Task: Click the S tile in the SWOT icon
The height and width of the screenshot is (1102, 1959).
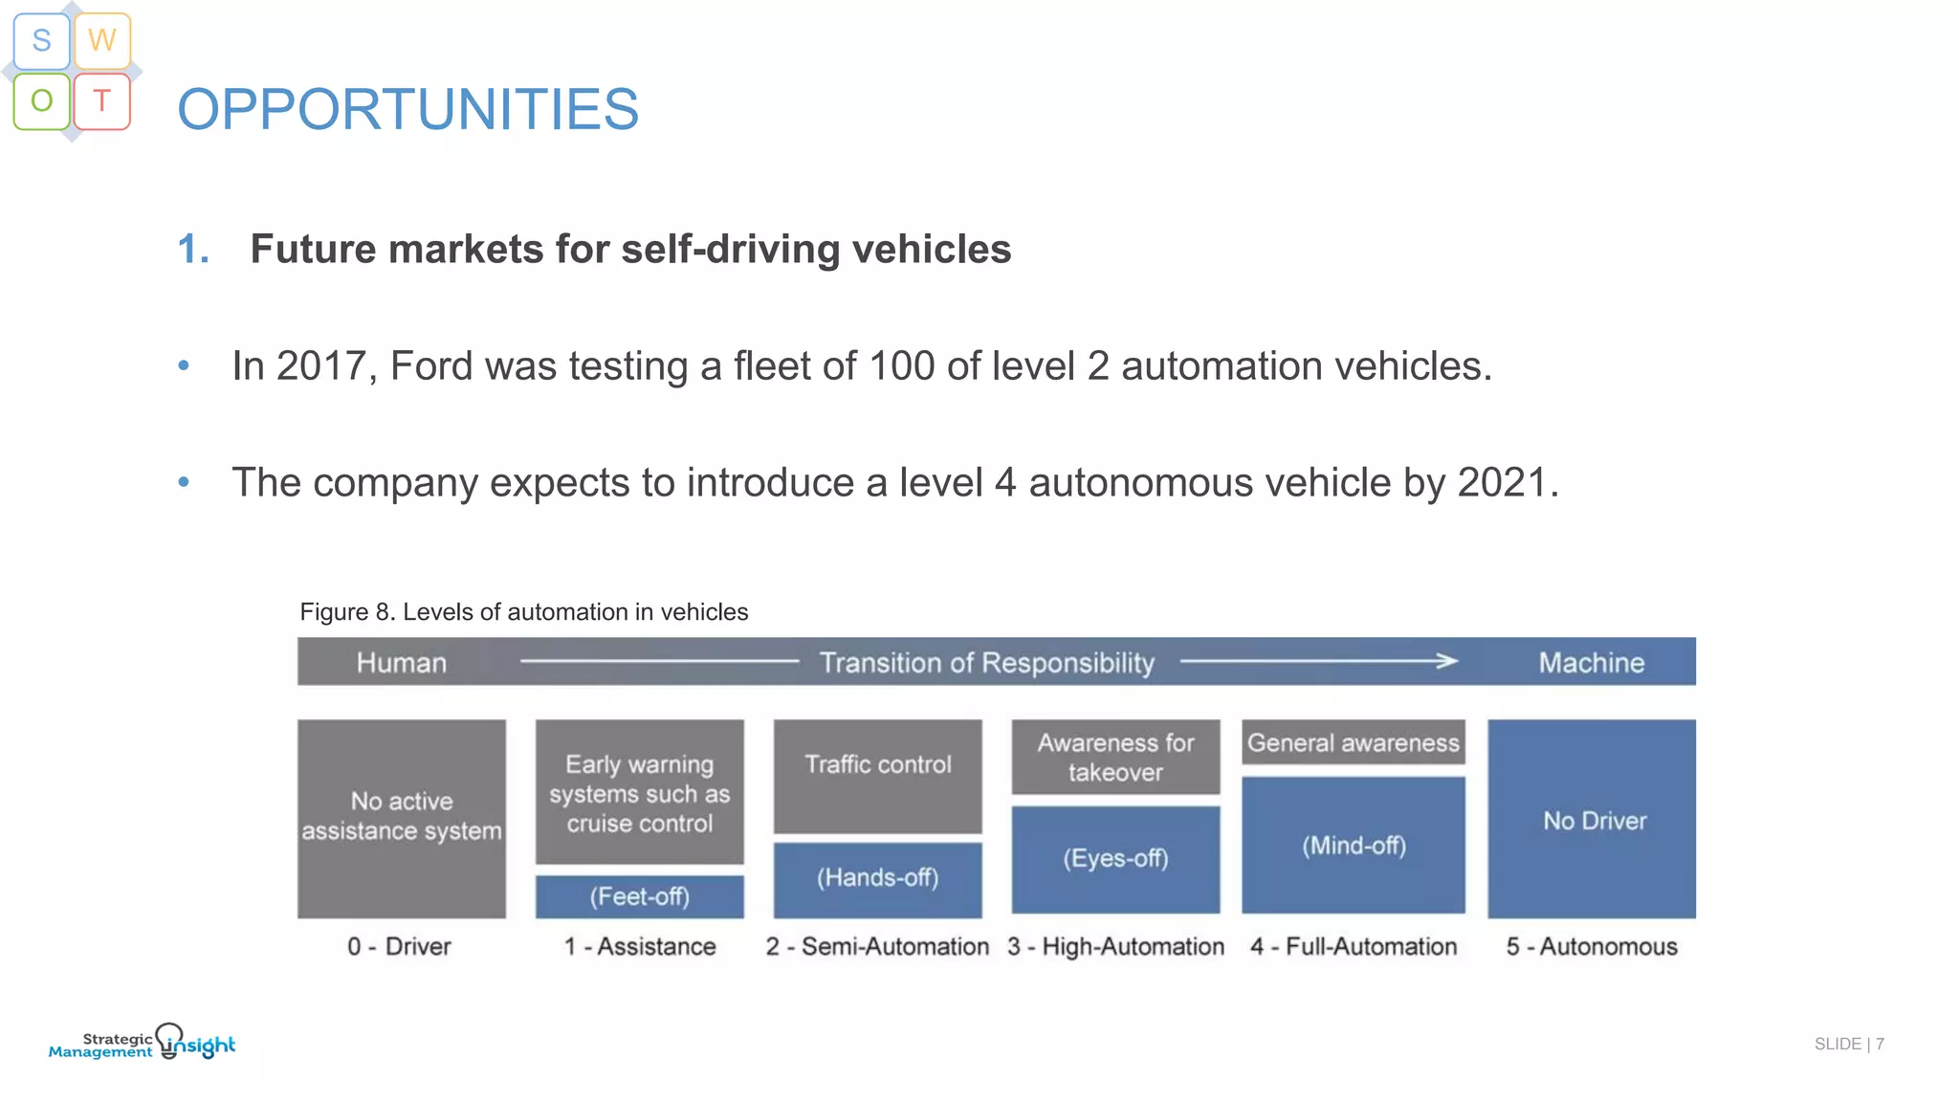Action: (x=41, y=40)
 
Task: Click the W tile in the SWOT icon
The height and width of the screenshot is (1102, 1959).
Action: (x=102, y=40)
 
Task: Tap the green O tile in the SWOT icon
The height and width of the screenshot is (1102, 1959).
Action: (x=41, y=100)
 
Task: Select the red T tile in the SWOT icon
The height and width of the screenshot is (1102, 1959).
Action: (x=102, y=100)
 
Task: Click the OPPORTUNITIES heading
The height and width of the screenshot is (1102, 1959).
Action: (x=407, y=109)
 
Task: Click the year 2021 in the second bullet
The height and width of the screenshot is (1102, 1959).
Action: (x=1502, y=483)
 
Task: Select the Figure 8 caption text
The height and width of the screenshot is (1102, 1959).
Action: (x=523, y=612)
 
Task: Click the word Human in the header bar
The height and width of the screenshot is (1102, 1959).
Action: (x=401, y=663)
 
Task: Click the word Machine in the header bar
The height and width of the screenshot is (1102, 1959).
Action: (x=1591, y=663)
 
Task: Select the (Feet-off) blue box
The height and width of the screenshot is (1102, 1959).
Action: (x=639, y=896)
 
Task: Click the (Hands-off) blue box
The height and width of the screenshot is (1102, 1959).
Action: (x=877, y=878)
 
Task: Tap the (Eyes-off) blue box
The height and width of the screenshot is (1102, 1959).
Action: (x=1115, y=858)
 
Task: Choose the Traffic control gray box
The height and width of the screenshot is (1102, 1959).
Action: (x=877, y=775)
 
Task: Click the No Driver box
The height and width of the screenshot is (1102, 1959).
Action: (x=1592, y=820)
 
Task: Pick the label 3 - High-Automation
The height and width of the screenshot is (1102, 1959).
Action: (x=1115, y=947)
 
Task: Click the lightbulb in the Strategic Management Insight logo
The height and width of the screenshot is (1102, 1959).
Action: (x=169, y=1039)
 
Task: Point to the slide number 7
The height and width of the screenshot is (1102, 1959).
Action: (x=1880, y=1044)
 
